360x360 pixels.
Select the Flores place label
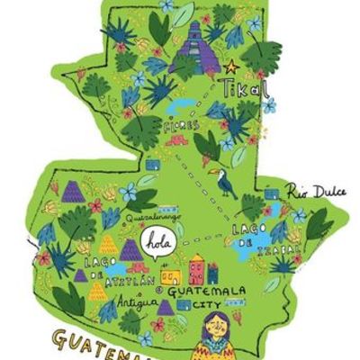pos(181,126)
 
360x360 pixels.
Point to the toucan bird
pos(225,184)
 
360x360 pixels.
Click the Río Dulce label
pos(310,190)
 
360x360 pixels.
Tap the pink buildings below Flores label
pos(176,141)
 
